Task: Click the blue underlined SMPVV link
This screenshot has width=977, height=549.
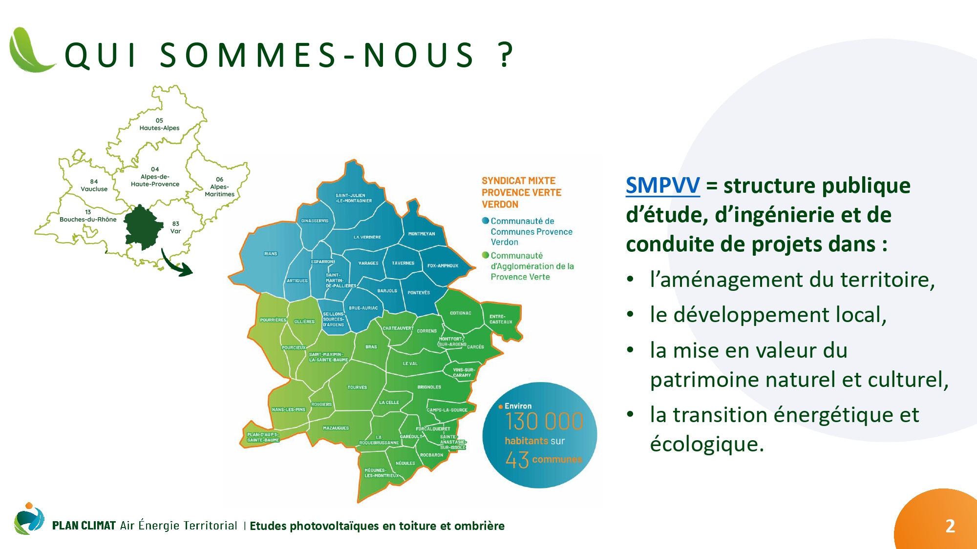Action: (662, 185)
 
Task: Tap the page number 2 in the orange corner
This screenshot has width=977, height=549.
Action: (950, 526)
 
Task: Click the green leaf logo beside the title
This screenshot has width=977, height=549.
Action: (32, 50)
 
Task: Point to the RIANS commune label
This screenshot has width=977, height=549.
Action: (271, 254)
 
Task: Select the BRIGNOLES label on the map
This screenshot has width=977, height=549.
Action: (429, 387)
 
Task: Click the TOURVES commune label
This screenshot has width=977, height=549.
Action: (357, 387)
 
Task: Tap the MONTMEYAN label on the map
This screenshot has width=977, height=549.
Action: (422, 234)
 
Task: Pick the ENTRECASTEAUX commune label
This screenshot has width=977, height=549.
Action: (501, 319)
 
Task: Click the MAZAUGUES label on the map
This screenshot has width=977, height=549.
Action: (336, 428)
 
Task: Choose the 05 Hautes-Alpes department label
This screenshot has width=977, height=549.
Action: (159, 124)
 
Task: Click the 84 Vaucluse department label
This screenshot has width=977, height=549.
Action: (94, 185)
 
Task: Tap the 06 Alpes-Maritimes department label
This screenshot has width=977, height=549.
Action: (219, 186)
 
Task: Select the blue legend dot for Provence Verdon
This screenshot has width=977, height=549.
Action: (486, 221)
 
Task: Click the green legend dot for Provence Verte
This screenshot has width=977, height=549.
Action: (486, 255)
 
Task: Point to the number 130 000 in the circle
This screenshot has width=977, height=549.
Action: (544, 422)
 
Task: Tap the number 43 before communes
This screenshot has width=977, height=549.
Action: (517, 460)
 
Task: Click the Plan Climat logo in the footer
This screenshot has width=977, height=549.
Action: (29, 519)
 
